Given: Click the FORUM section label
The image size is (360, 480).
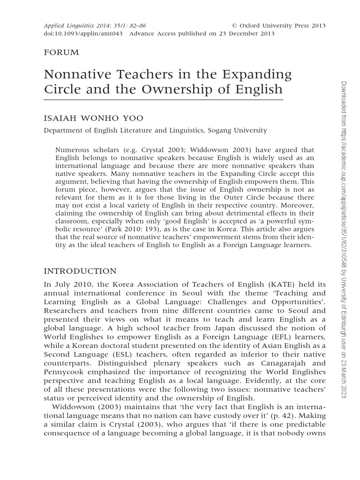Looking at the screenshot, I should pos(61,52).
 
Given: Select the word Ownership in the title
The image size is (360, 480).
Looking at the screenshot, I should pos(181,89).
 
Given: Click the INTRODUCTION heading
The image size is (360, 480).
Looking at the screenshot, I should pos(80,271).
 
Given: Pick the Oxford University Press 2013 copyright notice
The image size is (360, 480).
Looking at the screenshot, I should pos(279,25).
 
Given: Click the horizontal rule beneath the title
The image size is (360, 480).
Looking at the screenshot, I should pos(163,100).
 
